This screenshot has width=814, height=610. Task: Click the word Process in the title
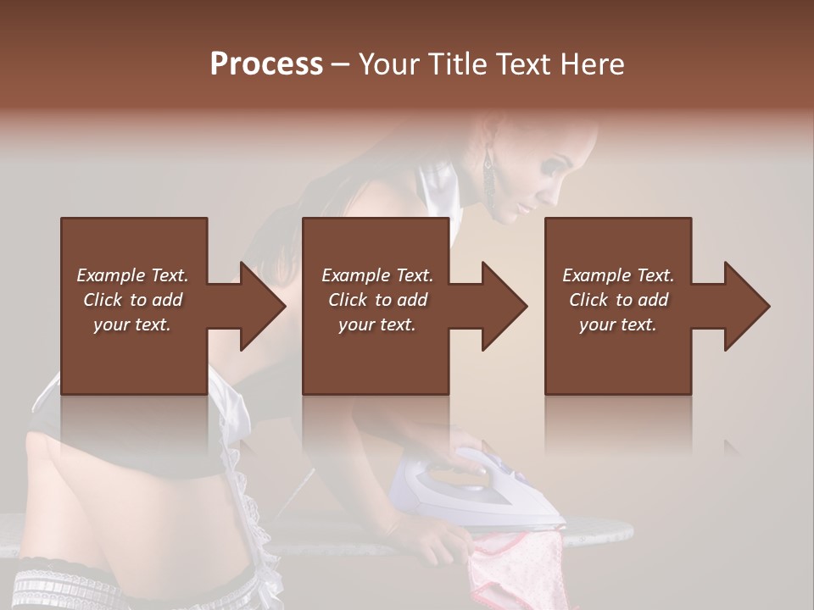tap(266, 64)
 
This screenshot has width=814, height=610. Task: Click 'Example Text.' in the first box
tap(132, 275)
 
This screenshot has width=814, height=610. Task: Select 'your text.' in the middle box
tap(376, 324)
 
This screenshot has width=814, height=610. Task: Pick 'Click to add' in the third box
tap(618, 300)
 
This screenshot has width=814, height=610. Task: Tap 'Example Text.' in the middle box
tap(376, 275)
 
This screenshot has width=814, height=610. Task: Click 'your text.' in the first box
tap(132, 324)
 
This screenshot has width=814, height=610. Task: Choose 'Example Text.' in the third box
tap(618, 275)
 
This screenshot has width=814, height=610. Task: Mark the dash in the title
tap(340, 64)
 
